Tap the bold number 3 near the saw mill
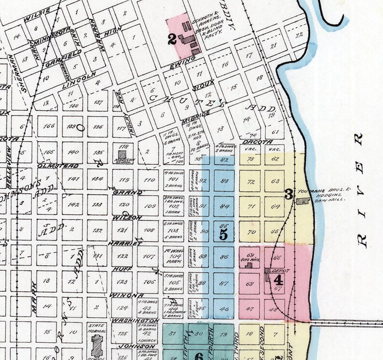tap(288, 195)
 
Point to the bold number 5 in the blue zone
tap(223, 234)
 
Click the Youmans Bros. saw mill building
tap(303, 202)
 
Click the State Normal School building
tap(97, 346)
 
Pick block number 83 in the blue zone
tap(223, 181)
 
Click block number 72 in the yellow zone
tap(250, 182)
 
